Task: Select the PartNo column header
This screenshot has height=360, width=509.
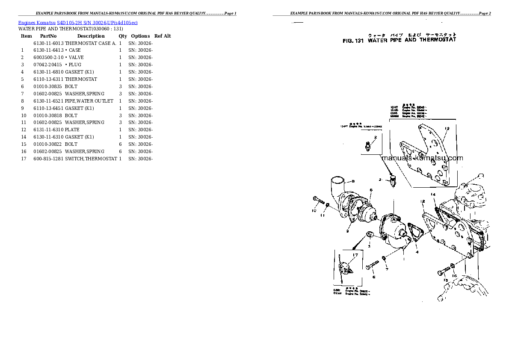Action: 48,36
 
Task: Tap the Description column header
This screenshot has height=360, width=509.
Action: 91,36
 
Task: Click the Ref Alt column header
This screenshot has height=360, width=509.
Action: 163,36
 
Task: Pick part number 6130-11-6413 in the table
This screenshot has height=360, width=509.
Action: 48,50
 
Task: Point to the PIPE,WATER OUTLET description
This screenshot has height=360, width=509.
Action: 89,101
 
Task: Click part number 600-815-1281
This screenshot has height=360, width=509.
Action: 48,159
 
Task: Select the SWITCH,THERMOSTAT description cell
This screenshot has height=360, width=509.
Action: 91,159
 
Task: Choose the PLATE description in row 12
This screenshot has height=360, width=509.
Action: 72,130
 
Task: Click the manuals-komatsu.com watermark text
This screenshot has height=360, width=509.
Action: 422,158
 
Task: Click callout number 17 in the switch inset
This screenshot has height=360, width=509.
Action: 355,256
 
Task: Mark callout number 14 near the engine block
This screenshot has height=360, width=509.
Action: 433,195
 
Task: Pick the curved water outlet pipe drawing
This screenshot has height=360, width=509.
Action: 338,190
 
